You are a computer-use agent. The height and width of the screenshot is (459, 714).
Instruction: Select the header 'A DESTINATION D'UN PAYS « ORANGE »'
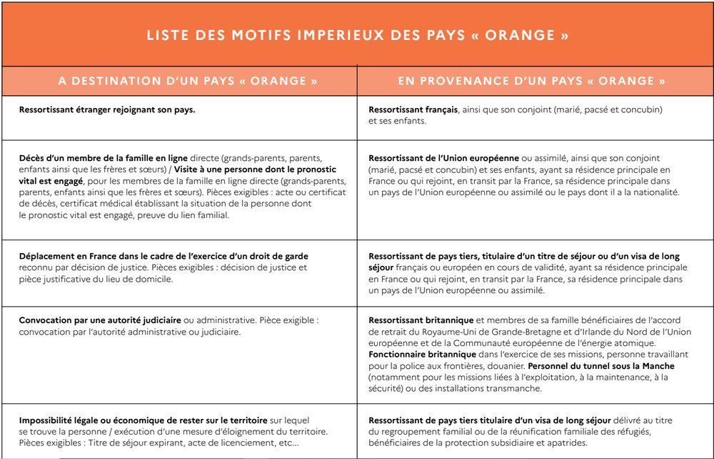(x=188, y=81)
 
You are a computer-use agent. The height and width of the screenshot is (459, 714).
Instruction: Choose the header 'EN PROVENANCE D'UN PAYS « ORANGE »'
(x=532, y=81)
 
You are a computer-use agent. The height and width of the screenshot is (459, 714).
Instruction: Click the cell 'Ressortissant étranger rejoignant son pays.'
(x=107, y=110)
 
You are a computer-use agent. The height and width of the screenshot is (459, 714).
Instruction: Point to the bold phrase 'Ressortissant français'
(x=413, y=110)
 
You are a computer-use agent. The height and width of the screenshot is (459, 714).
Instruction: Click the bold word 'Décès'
(x=33, y=158)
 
